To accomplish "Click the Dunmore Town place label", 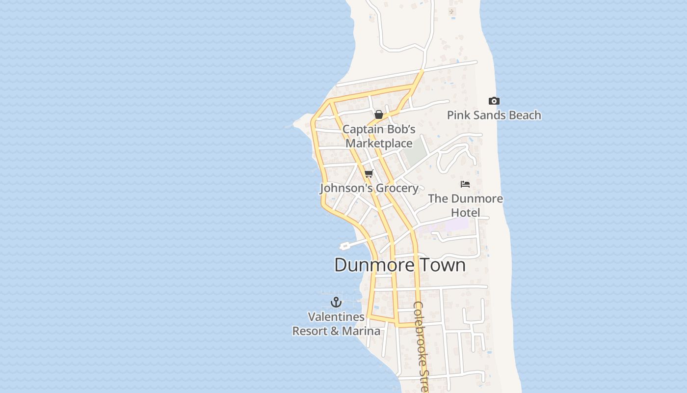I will [x=399, y=265].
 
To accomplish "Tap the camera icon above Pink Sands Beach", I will [x=494, y=101].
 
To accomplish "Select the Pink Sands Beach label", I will [x=494, y=115].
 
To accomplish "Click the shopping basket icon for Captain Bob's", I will [x=379, y=114].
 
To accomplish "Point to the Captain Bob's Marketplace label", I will [x=379, y=137].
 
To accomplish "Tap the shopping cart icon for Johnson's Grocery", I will [x=369, y=173].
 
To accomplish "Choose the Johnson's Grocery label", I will [x=369, y=188].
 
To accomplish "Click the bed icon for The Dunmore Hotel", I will [x=465, y=184].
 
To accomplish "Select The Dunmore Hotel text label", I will [x=465, y=205].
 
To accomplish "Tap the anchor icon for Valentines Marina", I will [x=336, y=302].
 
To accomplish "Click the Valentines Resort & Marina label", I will [x=336, y=324].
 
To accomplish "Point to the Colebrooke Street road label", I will [x=421, y=346].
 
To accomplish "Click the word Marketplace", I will [x=379, y=143].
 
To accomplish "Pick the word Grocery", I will [x=396, y=188].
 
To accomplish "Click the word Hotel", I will [x=465, y=213].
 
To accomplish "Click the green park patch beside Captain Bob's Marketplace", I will [x=415, y=153].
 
